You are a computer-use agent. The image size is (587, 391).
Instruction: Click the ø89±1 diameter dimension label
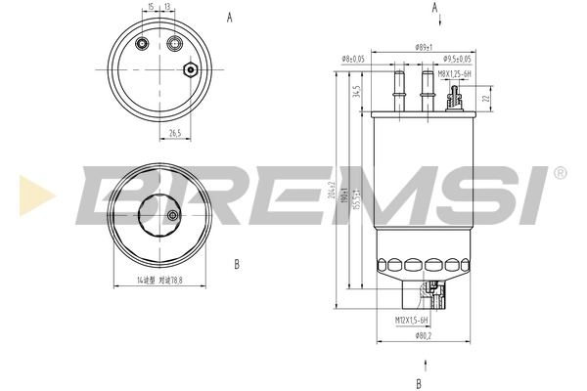[x=423, y=47]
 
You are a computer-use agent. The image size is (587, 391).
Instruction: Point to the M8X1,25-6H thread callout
[x=454, y=73]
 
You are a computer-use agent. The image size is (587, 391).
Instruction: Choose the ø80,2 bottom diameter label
[x=423, y=336]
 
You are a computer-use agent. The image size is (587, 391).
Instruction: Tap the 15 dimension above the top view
[x=150, y=7]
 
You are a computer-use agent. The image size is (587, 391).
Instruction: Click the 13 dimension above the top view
[x=168, y=7]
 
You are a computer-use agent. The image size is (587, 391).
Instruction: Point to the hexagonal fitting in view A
[x=190, y=69]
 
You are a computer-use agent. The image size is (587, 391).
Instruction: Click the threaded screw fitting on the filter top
[x=454, y=95]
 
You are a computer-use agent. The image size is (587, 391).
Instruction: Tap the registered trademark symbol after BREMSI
[x=560, y=172]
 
